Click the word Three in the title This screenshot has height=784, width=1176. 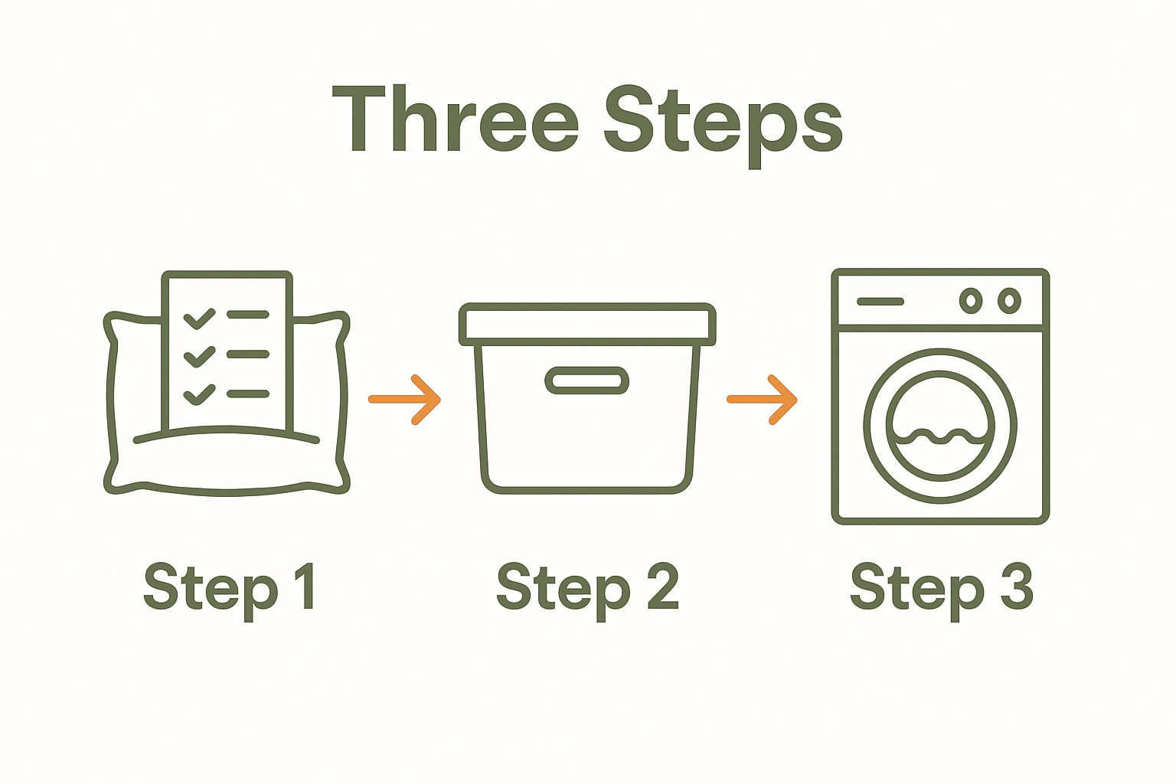click(456, 119)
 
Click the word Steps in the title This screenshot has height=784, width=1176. click(724, 127)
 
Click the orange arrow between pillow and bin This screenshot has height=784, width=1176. click(404, 400)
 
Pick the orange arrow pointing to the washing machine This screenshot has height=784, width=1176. click(762, 400)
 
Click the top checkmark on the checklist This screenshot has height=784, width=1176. click(199, 318)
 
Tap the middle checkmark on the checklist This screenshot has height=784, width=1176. click(199, 357)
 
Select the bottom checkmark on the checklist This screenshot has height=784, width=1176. click(199, 395)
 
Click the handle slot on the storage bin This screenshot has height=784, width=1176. click(587, 381)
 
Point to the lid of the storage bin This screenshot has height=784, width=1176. click(587, 325)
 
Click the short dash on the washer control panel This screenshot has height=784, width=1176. click(880, 302)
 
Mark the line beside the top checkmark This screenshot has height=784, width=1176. click(248, 315)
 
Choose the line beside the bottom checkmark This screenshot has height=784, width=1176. click(248, 394)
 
